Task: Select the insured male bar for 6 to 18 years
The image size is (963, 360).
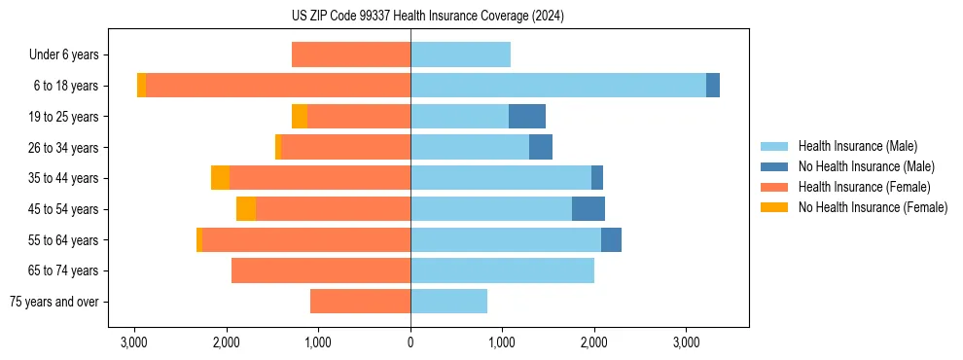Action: pos(557,86)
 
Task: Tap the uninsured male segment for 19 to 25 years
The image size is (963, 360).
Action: pos(526,117)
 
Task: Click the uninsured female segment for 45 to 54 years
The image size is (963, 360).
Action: pos(246,209)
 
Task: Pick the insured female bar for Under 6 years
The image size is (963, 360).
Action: pos(350,55)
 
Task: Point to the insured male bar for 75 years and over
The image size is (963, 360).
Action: pos(448,302)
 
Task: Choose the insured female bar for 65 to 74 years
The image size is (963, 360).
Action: pos(320,270)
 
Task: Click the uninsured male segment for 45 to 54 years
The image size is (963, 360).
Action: pos(588,209)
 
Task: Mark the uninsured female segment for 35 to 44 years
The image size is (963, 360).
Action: pos(220,178)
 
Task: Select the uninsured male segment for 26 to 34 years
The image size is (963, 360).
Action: pos(540,148)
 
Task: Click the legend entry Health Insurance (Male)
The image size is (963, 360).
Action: pos(857,146)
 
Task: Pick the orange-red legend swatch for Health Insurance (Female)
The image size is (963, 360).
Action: pos(774,187)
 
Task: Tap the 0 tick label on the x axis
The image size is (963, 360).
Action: pos(410,342)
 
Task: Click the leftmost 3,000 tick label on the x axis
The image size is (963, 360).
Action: pos(133,342)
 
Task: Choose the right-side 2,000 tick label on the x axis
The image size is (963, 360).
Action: pos(594,342)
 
